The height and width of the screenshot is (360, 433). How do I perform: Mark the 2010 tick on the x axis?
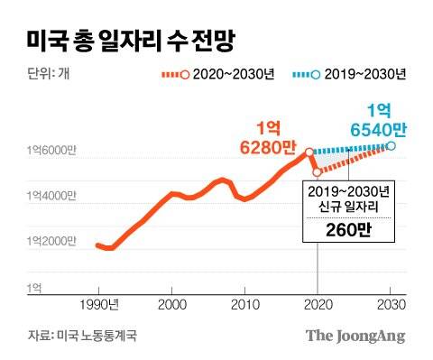(244, 305)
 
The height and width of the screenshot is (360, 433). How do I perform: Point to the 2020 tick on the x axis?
(318, 305)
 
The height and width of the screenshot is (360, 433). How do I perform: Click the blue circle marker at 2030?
(391, 145)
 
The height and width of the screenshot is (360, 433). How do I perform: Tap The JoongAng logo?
(355, 336)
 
